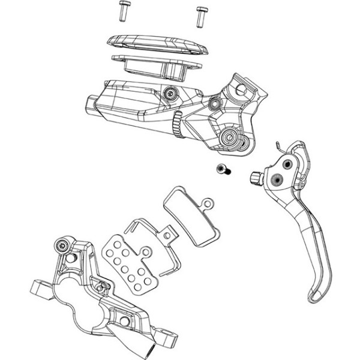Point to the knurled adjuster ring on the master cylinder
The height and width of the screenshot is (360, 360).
coord(176,126)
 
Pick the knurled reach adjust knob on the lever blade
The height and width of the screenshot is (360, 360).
coord(255,177)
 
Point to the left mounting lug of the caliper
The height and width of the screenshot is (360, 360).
coord(40,289)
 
